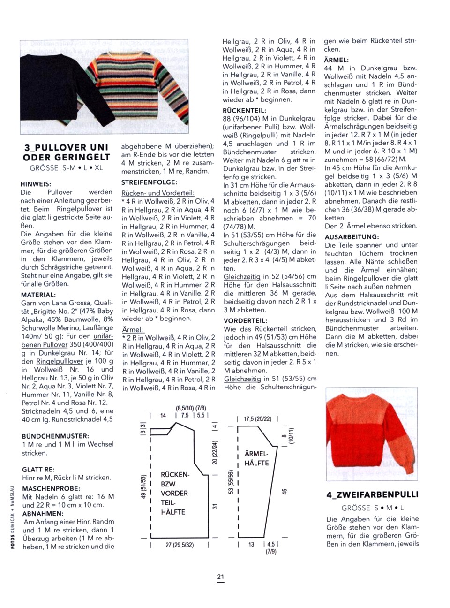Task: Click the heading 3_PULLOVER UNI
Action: (x=66, y=147)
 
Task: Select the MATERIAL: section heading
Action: (x=38, y=295)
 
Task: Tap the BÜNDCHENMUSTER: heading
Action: (x=55, y=436)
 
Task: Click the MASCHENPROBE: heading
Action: (x=51, y=488)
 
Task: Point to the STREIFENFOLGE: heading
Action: (x=149, y=182)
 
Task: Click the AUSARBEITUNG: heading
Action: (x=352, y=237)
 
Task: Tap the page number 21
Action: (x=221, y=577)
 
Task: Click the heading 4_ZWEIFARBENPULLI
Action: (x=372, y=494)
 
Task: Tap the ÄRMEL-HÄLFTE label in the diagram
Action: (x=256, y=459)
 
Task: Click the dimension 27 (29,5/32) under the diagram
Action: (x=180, y=545)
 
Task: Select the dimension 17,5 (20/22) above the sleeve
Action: (x=257, y=419)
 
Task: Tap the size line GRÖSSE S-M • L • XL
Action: (x=66, y=167)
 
